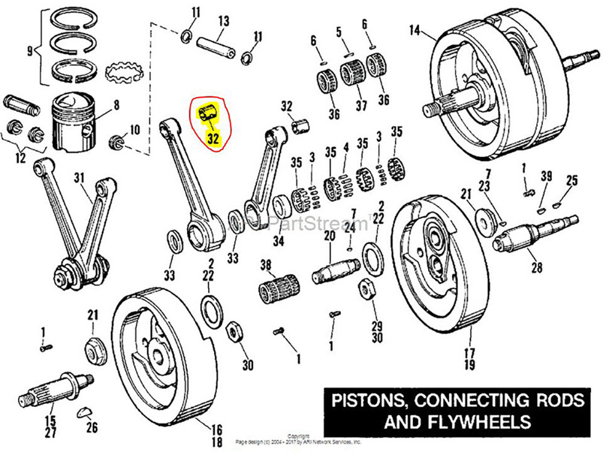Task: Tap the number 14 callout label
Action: pos(414,30)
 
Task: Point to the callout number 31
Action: pos(80,178)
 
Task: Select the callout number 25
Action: pos(572,180)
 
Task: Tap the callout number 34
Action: pos(278,242)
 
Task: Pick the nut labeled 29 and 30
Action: pos(364,289)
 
